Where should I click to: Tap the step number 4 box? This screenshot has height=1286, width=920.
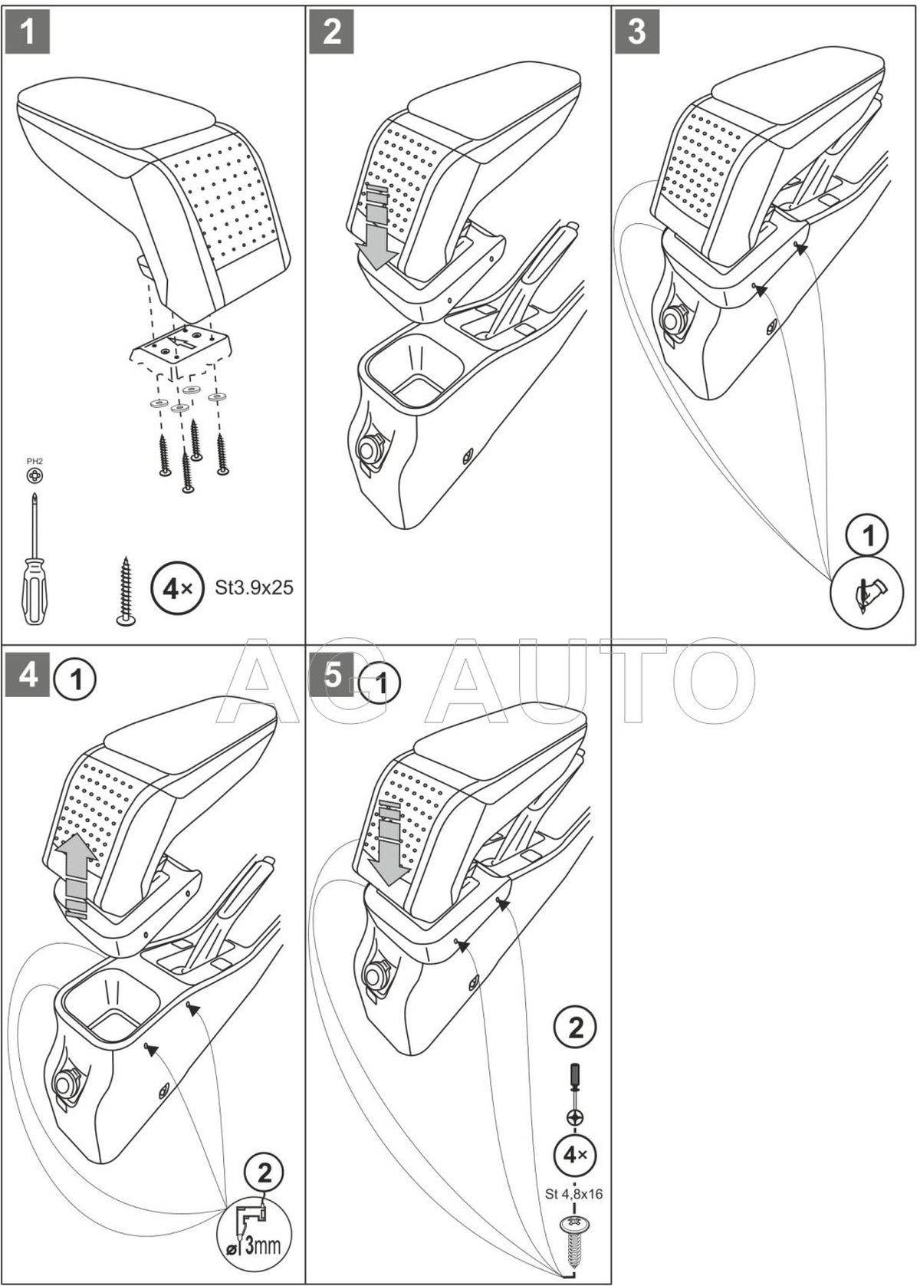coord(28,676)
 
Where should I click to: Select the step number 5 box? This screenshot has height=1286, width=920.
coord(333,676)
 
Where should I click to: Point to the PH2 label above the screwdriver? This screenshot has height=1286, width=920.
coord(34,461)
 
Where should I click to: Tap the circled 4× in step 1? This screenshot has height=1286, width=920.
coord(173,589)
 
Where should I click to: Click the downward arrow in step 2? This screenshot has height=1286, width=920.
coord(379,230)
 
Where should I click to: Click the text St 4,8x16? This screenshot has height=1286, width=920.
coord(575,1193)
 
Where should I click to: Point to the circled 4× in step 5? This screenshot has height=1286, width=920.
coord(575,1154)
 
